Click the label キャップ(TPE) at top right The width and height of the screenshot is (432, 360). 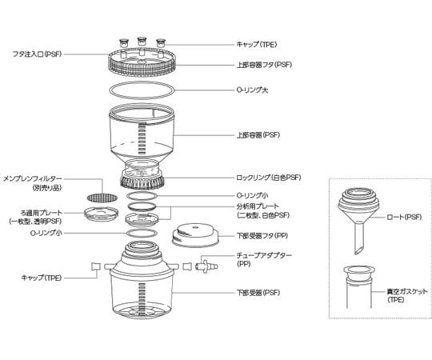(x=257, y=45)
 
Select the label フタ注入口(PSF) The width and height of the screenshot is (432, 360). (x=37, y=54)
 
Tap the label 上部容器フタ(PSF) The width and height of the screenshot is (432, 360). (x=264, y=65)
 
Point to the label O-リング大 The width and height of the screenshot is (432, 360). (x=252, y=90)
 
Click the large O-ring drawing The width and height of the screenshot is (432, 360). (x=142, y=82)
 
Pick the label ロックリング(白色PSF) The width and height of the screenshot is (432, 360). (x=269, y=178)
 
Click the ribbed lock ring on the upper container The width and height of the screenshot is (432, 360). (x=142, y=182)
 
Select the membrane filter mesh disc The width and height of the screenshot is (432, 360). (x=102, y=198)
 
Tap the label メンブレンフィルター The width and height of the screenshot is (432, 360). (x=33, y=179)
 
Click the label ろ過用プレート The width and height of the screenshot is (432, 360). (x=42, y=213)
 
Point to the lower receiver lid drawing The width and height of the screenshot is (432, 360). (x=195, y=235)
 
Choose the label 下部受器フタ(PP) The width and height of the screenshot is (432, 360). (x=262, y=236)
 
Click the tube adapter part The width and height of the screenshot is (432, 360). (x=206, y=266)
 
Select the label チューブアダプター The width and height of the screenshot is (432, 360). (x=264, y=255)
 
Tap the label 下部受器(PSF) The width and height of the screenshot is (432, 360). (x=258, y=293)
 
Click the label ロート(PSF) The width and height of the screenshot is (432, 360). (x=404, y=217)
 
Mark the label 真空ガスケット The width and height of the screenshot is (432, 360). (x=407, y=292)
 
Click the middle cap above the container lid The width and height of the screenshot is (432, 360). (x=142, y=42)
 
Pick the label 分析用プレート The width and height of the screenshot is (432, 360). (x=258, y=206)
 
